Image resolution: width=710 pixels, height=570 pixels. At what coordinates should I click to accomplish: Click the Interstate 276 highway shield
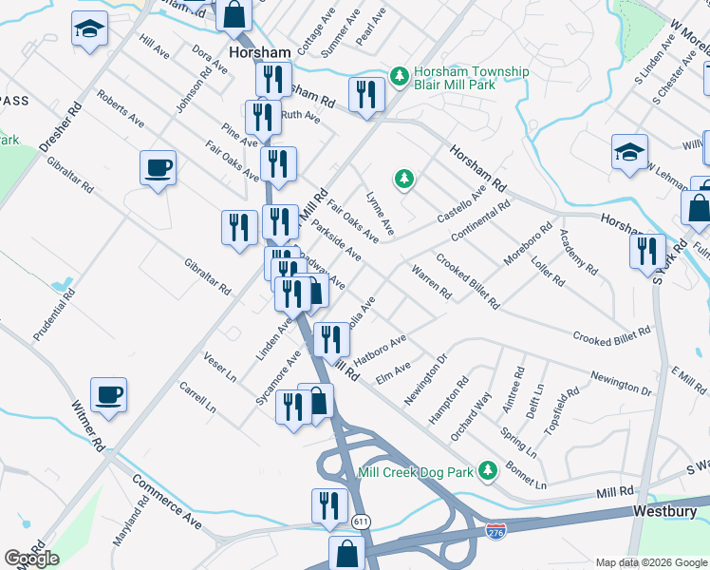coord(494,529)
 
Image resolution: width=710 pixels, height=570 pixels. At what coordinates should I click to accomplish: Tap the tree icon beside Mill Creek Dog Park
coord(488,470)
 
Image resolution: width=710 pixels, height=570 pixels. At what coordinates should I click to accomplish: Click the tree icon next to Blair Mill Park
coord(401,74)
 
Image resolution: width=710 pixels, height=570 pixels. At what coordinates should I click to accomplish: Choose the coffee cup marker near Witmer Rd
coord(108,393)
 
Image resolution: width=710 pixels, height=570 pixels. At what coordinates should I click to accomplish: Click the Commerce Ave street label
coord(167,501)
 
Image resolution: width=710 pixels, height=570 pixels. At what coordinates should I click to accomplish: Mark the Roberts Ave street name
coord(121,110)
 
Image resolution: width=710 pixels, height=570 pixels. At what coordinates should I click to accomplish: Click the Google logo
coord(31,559)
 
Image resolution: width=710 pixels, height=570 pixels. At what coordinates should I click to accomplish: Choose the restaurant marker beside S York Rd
coord(647,251)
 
